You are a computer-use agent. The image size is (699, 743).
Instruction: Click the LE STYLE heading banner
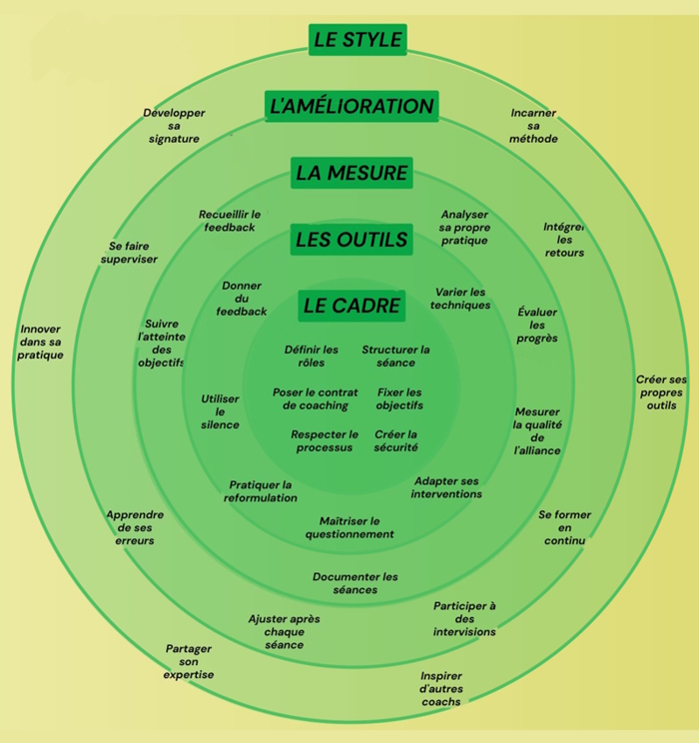click(357, 40)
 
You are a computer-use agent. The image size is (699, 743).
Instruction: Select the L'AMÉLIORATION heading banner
click(350, 106)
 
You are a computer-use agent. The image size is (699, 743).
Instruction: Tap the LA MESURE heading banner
click(351, 173)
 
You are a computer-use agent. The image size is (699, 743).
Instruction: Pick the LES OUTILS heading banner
click(351, 240)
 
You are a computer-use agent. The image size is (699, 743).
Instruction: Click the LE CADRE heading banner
click(351, 307)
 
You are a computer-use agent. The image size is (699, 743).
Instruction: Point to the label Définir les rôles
click(312, 357)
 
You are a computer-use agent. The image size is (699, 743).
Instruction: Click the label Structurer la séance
click(395, 357)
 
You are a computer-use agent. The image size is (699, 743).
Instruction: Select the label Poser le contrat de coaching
click(316, 399)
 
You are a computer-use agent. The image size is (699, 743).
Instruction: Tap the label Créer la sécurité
click(395, 441)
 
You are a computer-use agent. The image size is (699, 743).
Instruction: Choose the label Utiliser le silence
click(220, 411)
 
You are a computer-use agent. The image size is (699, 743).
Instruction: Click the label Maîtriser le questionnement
click(349, 527)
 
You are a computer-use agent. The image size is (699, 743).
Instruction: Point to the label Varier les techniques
click(460, 299)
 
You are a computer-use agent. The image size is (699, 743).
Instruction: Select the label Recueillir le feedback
click(230, 221)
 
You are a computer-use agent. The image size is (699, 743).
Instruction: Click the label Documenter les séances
click(355, 583)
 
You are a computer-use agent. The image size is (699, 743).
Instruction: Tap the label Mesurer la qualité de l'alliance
click(537, 431)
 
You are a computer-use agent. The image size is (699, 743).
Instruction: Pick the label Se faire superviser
click(129, 253)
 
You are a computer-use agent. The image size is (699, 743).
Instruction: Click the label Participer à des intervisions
click(464, 619)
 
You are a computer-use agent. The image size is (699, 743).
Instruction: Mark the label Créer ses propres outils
click(661, 392)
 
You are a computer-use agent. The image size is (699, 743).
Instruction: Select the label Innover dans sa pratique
click(40, 343)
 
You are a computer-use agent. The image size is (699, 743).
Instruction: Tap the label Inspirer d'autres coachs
click(440, 689)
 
